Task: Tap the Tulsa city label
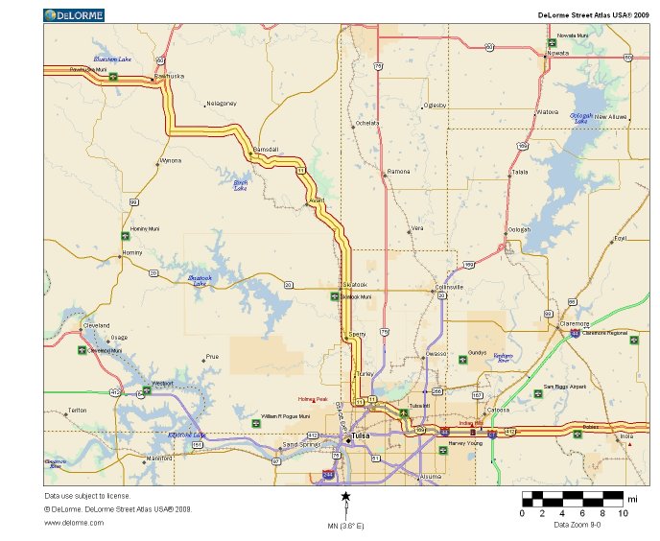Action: (361, 435)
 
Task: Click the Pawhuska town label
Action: (169, 75)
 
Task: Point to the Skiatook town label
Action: (355, 285)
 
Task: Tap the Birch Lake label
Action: (241, 185)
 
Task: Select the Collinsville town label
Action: (449, 287)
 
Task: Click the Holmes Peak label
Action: (313, 399)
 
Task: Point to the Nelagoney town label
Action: (222, 103)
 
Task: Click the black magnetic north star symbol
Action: (346, 496)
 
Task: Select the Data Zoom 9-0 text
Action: (577, 525)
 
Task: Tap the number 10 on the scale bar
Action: (624, 514)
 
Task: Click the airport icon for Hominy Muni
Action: (125, 236)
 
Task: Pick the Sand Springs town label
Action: (301, 445)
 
